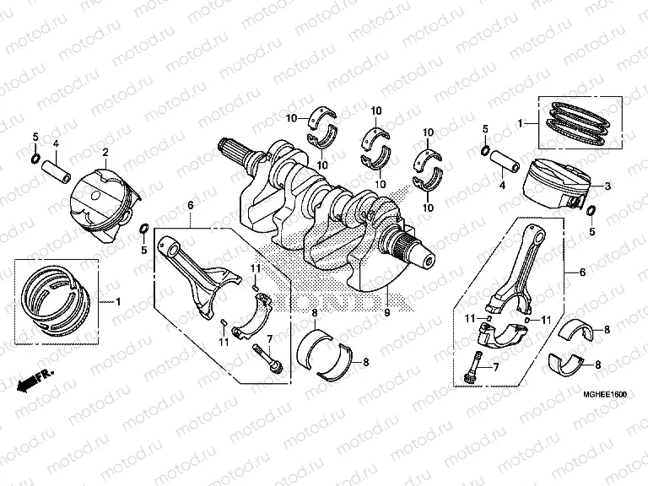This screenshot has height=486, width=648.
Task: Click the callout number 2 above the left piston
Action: tap(105, 152)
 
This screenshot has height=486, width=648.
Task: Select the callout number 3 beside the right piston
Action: tap(608, 185)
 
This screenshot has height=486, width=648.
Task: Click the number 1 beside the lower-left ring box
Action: tap(118, 301)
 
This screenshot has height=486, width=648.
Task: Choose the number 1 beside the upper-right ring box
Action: tap(521, 123)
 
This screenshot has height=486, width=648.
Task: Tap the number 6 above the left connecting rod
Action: tap(191, 205)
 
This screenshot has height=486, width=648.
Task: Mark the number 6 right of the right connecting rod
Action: tap(582, 273)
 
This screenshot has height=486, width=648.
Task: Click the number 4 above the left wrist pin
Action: tap(56, 143)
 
